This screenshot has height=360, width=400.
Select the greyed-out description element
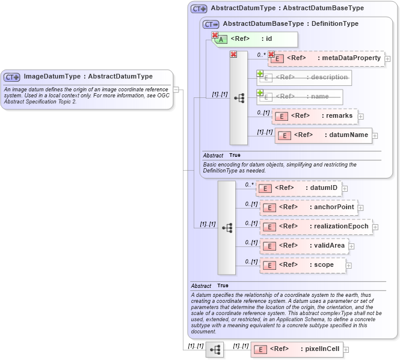[304, 78]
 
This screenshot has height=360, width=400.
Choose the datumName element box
[323, 135]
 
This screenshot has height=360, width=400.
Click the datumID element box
[299, 188]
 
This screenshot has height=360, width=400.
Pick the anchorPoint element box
[309, 207]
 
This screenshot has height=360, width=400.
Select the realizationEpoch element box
[316, 227]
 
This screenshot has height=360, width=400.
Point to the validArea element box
[304, 246]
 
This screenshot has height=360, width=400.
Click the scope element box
[303, 265]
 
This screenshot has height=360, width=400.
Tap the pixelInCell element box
[297, 349]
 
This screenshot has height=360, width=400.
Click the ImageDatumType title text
[88, 77]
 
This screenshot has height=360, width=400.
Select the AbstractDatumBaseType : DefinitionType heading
[291, 24]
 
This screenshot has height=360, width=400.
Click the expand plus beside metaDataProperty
[388, 59]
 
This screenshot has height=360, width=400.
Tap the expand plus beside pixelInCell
[346, 349]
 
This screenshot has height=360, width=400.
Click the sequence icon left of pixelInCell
[215, 349]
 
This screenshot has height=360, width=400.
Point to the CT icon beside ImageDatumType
[12, 77]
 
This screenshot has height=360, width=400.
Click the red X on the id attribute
[215, 35]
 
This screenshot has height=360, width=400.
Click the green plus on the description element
[260, 73]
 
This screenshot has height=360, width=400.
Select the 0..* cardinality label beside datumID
[250, 185]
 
